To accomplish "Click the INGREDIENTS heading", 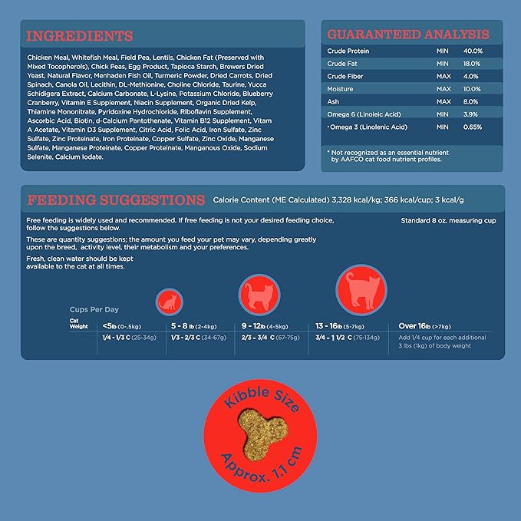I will (x=80, y=35).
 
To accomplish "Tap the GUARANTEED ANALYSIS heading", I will (x=408, y=35).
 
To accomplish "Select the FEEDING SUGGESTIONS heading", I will (x=116, y=200).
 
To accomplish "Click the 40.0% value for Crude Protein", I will (x=473, y=51).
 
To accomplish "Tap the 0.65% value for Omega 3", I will (x=473, y=127).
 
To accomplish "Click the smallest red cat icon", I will (x=170, y=301).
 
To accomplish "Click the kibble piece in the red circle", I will (x=262, y=437).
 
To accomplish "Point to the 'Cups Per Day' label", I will (x=94, y=309).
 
